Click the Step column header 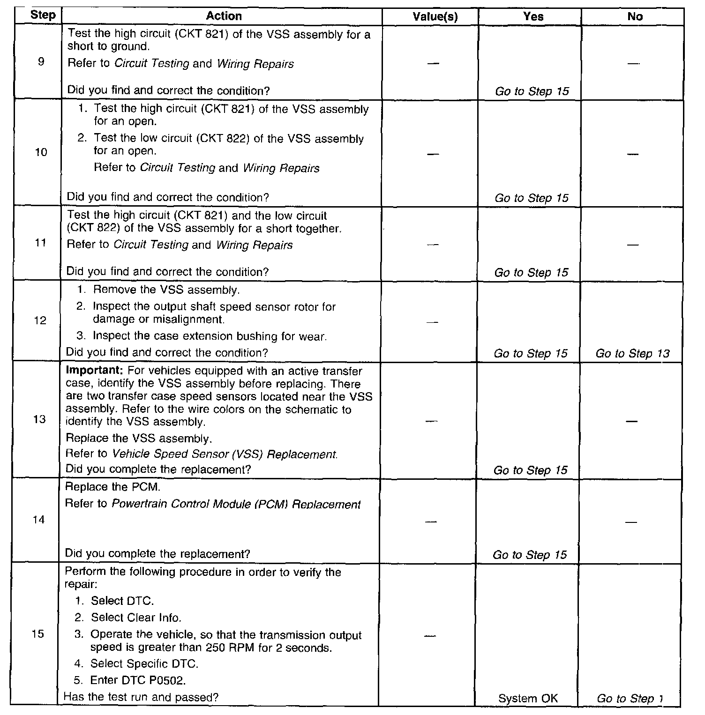pyautogui.click(x=43, y=15)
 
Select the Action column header pyautogui.click(x=224, y=16)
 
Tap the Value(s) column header pyautogui.click(x=435, y=17)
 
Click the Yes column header pyautogui.click(x=533, y=17)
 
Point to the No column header pyautogui.click(x=635, y=17)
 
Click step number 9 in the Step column pyautogui.click(x=41, y=61)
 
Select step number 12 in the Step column pyautogui.click(x=40, y=320)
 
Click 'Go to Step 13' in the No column pyautogui.click(x=632, y=354)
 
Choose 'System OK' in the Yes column pyautogui.click(x=528, y=699)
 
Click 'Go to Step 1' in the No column pyautogui.click(x=630, y=699)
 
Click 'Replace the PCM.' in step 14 pyautogui.click(x=112, y=487)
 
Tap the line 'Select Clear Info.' pyautogui.click(x=136, y=618)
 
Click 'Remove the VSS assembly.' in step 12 pyautogui.click(x=166, y=290)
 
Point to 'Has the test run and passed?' pyautogui.click(x=141, y=697)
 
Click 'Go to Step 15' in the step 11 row pyautogui.click(x=531, y=273)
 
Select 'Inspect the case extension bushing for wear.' pyautogui.click(x=210, y=336)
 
